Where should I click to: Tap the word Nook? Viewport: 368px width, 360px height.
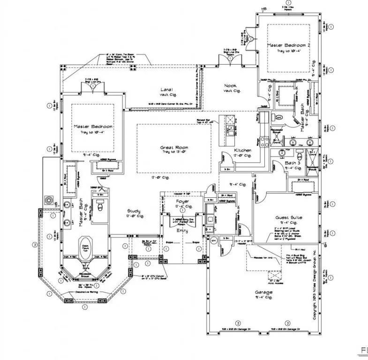(x=230, y=86)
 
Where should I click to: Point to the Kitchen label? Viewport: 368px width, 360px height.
(x=243, y=150)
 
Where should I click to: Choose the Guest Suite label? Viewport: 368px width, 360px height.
(x=289, y=218)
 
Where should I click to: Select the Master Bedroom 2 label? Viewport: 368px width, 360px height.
(x=289, y=45)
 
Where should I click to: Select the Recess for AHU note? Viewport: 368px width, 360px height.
(x=263, y=258)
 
